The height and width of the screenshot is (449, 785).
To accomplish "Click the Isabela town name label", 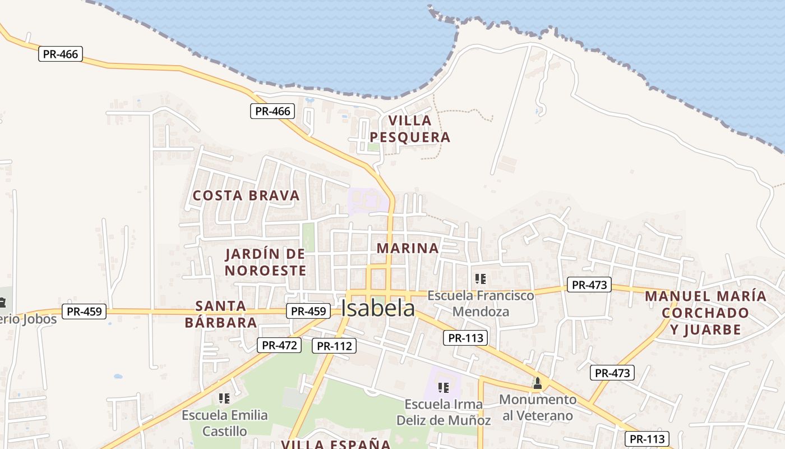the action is tap(378, 308).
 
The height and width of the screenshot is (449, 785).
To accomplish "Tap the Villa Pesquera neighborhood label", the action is tap(409, 129).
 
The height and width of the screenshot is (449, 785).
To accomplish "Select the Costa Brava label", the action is tap(246, 195).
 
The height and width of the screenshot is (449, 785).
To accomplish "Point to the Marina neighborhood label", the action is tap(408, 248).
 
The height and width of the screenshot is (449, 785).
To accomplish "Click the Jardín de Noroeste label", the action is tap(265, 262).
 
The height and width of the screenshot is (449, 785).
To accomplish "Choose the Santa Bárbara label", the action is tap(221, 314).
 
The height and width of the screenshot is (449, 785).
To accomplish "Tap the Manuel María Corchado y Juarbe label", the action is tap(705, 313).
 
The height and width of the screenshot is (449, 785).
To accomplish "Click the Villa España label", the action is tap(336, 445).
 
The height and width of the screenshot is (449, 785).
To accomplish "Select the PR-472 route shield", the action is tap(279, 345).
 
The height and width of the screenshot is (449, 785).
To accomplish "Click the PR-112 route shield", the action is tap(334, 346).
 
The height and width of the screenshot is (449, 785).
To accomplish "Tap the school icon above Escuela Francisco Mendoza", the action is tap(480, 278).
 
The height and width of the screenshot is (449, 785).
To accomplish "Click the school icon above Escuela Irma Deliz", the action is tap(444, 387).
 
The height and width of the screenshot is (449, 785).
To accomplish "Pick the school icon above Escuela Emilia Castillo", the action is tap(224, 398).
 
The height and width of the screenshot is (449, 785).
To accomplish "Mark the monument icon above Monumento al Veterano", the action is tap(538, 383).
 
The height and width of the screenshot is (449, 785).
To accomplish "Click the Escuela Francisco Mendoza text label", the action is tap(481, 303).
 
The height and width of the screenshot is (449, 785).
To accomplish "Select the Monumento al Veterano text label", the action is tap(538, 407).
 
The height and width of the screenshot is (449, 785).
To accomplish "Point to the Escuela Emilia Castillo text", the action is tap(225, 423).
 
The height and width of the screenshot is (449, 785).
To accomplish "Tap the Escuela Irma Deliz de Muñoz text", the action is tap(444, 412).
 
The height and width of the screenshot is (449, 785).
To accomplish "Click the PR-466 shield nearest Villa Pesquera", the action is tap(273, 111).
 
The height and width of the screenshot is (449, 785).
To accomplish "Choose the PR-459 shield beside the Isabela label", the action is tap(308, 311).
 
